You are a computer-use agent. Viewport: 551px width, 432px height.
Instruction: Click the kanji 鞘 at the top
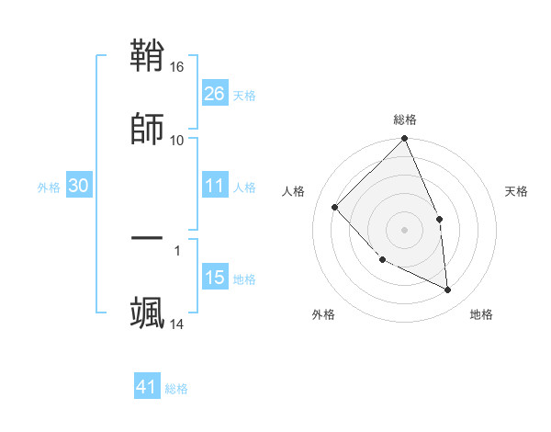[148, 57]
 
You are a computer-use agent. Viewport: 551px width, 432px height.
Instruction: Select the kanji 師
[148, 128]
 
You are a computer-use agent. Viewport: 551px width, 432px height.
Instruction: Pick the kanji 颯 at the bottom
[148, 312]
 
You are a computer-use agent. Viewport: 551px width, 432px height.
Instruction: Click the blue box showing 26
[214, 93]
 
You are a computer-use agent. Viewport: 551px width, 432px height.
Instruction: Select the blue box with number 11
[214, 186]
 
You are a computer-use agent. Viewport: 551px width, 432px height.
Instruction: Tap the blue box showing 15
[214, 278]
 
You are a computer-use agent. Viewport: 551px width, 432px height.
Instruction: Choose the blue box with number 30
[78, 186]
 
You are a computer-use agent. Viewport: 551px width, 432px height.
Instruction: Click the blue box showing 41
[147, 387]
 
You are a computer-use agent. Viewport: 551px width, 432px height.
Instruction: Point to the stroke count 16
[177, 68]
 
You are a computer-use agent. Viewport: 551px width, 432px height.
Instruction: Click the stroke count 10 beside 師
[177, 140]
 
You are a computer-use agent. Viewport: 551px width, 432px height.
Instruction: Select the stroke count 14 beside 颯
[177, 324]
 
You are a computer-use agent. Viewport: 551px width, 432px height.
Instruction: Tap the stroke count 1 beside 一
[176, 249]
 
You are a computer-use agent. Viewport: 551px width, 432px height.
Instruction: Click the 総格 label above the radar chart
[404, 119]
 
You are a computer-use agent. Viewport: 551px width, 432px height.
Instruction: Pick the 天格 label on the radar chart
[516, 191]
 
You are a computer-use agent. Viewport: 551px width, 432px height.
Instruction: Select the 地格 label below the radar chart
[481, 314]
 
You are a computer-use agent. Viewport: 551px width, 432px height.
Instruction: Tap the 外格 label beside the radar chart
[323, 314]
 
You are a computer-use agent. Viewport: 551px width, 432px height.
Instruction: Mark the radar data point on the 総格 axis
[404, 140]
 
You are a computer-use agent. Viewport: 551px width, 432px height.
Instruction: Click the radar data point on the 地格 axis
[448, 290]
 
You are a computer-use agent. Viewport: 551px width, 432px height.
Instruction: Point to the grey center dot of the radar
[404, 230]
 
